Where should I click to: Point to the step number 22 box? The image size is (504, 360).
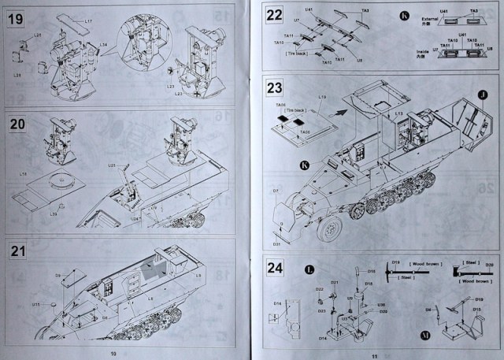(x=275, y=15)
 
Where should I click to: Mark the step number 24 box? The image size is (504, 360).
(x=275, y=267)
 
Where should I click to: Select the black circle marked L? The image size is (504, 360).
(x=309, y=270)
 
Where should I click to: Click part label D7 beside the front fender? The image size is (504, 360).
(x=276, y=191)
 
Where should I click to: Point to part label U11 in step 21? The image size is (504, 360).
(x=36, y=304)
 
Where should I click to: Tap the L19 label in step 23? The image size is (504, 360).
(x=322, y=97)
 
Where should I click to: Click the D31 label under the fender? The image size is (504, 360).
(x=276, y=243)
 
